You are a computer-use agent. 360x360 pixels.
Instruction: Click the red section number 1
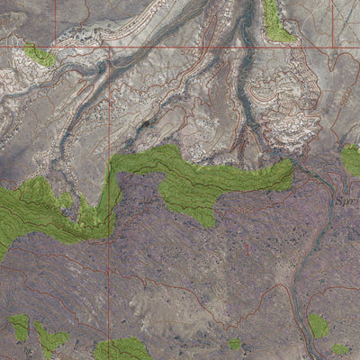point(246,245)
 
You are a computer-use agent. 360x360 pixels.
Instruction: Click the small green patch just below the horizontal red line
point(40,58)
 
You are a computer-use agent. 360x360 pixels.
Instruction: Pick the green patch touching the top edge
point(277,22)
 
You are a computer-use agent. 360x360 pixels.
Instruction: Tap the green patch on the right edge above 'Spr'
point(351,159)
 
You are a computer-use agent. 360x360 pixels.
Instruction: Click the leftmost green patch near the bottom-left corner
point(19,327)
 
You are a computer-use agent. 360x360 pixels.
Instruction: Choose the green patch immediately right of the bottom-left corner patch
point(50,340)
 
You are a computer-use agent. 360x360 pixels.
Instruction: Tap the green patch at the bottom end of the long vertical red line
point(121,349)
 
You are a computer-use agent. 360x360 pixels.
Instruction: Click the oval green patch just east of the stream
point(318,325)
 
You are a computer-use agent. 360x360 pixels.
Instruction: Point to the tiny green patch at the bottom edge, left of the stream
point(235,344)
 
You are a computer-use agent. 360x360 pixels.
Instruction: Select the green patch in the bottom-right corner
point(341,349)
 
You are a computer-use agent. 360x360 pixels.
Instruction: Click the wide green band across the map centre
point(198,180)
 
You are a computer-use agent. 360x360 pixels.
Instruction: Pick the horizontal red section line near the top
point(225,46)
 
